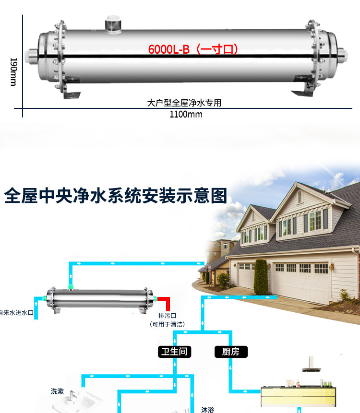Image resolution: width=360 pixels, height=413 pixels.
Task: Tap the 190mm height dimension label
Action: click(x=13, y=72)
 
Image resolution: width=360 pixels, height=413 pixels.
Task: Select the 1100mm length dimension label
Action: click(x=186, y=115)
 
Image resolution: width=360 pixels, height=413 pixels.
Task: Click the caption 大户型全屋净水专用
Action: click(x=184, y=103)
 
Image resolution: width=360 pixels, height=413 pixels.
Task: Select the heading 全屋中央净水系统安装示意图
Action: click(x=115, y=196)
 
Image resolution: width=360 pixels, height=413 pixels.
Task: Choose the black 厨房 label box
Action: click(x=230, y=352)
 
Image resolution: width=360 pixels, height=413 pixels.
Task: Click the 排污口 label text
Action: click(x=168, y=315)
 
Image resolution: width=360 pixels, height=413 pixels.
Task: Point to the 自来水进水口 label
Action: click(x=16, y=313)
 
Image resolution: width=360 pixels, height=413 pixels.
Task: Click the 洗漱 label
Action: click(x=57, y=391)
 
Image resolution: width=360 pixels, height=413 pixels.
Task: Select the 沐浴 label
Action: click(x=207, y=410)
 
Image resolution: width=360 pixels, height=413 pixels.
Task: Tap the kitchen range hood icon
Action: click(x=312, y=367)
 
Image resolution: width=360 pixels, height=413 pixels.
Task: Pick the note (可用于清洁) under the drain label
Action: click(x=168, y=324)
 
